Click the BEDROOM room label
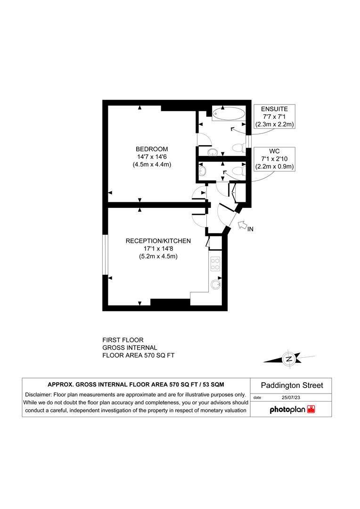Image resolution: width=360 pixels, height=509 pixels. coord(152,149)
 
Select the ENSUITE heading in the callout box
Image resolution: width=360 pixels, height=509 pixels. coord(274,109)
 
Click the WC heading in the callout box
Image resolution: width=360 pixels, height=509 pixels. coord(274,151)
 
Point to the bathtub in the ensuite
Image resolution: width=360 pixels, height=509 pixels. coord(229,114)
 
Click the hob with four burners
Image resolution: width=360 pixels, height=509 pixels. coord(215,264)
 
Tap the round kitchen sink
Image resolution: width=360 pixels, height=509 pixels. coord(216,284)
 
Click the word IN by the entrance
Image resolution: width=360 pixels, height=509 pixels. coord(251,230)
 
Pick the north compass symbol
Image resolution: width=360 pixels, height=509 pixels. coord(288,359)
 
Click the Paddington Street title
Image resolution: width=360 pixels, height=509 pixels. coord(293,386)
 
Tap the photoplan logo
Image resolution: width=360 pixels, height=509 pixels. coord(293,410)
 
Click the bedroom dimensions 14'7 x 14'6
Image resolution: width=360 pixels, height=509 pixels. coord(152,157)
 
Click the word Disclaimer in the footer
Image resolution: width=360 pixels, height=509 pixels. coord(39,394)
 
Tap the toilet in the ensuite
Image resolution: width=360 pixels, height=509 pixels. coord(238,148)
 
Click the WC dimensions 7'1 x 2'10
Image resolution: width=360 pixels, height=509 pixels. coord(274,158)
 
